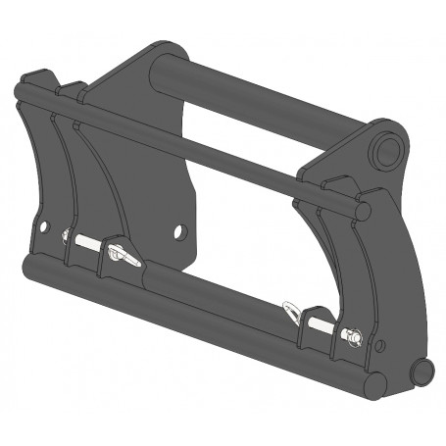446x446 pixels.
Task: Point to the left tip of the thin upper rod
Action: tap(20, 94)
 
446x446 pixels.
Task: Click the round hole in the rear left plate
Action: tap(178, 232)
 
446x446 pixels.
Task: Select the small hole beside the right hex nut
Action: tap(380, 344)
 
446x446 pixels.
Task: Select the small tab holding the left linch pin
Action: tap(114, 244)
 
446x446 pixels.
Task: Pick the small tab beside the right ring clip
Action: tap(312, 319)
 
